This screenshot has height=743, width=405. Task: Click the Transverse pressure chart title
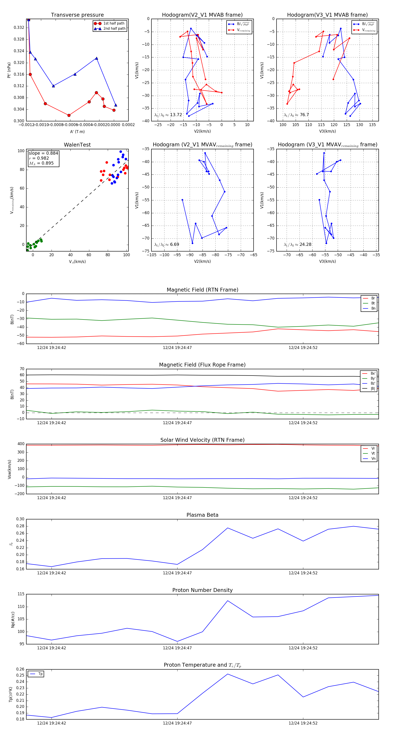(x=77, y=15)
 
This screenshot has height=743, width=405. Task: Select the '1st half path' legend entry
(x=114, y=23)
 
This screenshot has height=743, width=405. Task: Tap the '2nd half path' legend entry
(x=114, y=29)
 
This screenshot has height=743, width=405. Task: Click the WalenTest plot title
(x=77, y=145)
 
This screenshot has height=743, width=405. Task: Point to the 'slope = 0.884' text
(x=43, y=153)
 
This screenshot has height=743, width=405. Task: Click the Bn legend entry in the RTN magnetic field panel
(x=373, y=308)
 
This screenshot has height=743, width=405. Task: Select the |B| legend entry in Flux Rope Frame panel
(x=373, y=389)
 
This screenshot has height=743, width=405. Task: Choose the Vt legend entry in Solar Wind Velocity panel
(x=373, y=453)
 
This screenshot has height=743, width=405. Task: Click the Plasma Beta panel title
(x=202, y=515)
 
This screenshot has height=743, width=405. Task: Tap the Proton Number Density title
(x=202, y=590)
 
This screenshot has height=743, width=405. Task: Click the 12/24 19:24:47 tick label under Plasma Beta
(x=177, y=573)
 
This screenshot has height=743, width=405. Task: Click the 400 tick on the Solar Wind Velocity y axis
(x=21, y=444)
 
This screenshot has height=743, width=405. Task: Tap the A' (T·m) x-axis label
(x=77, y=132)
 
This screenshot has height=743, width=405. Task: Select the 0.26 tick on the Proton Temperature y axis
(x=20, y=669)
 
